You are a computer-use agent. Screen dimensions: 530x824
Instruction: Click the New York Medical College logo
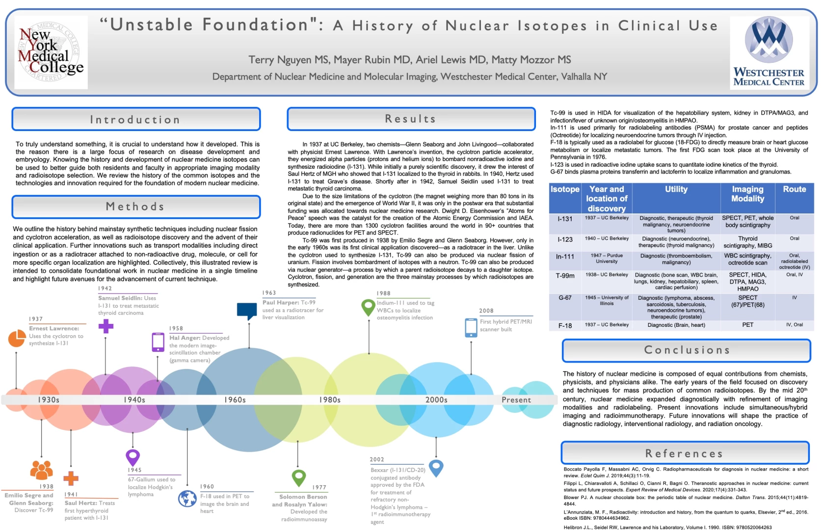coord(51,53)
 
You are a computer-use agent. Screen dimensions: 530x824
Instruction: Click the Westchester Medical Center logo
coord(769,52)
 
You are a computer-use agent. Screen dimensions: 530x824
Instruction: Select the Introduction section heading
coord(136,119)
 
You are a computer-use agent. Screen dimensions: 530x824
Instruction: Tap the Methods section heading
coord(136,207)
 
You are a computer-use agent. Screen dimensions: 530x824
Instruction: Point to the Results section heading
coord(411,119)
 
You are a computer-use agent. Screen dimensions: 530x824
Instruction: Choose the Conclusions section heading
coord(687,350)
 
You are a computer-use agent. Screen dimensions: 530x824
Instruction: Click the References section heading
coord(685,453)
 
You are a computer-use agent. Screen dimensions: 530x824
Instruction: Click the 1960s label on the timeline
coord(235,400)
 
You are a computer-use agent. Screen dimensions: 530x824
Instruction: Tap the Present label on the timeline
coord(516,400)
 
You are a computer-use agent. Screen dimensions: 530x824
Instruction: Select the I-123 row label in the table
coord(565,239)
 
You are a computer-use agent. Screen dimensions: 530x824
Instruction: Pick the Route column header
coord(794,189)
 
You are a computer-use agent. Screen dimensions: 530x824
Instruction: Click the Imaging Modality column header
coord(747,194)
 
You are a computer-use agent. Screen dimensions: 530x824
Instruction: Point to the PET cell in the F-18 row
coord(747,325)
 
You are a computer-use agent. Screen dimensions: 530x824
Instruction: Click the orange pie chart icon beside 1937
coord(17,338)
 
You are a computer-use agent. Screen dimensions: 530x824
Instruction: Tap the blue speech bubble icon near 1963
coord(247,311)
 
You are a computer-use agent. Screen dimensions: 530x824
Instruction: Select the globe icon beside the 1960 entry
coord(187,499)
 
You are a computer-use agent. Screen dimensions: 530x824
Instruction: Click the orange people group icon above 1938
coord(42,470)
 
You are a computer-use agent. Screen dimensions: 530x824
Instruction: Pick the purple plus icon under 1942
coord(106,326)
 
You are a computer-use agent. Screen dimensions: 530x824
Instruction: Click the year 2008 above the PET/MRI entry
coord(486,311)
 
